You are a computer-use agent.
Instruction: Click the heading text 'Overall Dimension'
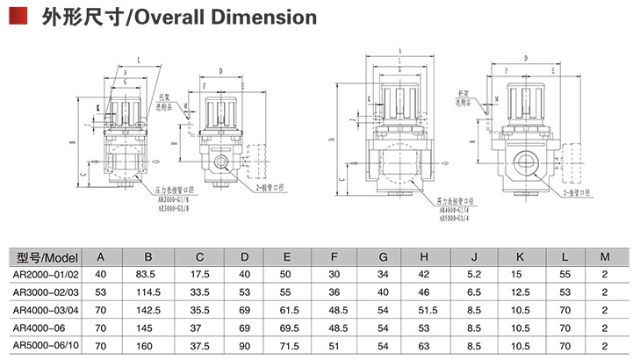(x=227, y=17)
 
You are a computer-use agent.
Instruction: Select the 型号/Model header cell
(x=47, y=257)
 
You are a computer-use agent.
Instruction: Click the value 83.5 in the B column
(x=148, y=274)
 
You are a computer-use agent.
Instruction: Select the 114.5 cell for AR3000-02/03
(x=148, y=292)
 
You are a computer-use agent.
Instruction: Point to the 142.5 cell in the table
(x=148, y=309)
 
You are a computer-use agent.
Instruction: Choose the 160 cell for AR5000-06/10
(x=148, y=344)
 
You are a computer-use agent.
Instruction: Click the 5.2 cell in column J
(x=473, y=274)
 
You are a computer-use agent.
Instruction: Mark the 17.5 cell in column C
(x=200, y=274)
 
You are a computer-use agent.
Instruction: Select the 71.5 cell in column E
(x=287, y=344)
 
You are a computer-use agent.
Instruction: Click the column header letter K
(x=520, y=257)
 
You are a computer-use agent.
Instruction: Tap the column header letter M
(x=604, y=257)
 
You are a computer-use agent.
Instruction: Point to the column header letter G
(x=382, y=257)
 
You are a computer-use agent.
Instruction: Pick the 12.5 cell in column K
(x=520, y=292)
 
